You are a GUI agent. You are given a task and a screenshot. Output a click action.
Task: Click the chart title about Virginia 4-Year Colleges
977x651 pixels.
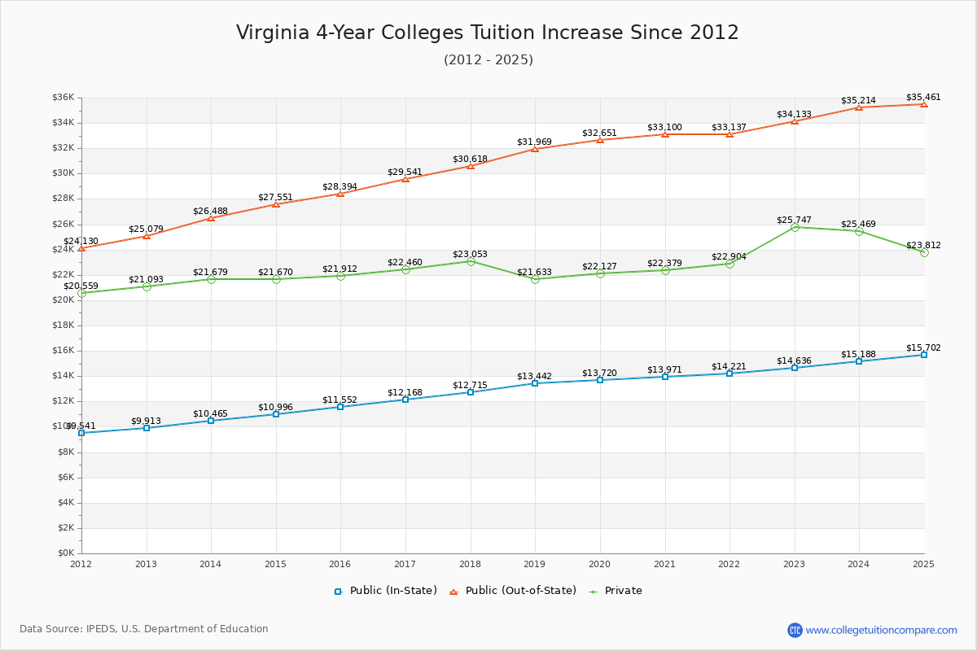(x=488, y=33)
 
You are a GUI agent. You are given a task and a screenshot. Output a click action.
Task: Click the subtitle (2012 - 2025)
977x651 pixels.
(x=488, y=59)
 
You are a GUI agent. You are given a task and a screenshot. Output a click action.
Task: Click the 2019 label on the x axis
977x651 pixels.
(x=535, y=563)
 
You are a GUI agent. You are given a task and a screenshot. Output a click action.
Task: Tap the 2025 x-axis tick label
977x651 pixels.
(x=923, y=563)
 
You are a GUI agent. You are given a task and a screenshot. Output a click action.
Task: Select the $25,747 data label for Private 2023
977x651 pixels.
(x=794, y=220)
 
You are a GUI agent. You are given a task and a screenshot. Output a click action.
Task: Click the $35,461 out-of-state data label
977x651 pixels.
(x=923, y=97)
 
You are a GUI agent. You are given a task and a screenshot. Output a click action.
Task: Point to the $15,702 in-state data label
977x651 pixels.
(x=923, y=347)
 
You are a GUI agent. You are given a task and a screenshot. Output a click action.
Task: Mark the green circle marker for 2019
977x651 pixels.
(x=535, y=279)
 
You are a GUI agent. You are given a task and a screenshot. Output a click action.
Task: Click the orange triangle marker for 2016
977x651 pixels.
(x=340, y=194)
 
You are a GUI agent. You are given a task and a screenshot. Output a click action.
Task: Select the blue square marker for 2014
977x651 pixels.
(x=211, y=421)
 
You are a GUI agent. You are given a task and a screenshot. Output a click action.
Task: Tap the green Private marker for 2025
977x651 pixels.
(x=924, y=252)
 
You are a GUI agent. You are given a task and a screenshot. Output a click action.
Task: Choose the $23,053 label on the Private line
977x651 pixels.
(x=470, y=254)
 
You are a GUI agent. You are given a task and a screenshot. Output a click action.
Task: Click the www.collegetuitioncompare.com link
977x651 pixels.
(x=881, y=630)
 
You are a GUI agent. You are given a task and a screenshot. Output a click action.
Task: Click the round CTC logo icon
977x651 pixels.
(x=795, y=630)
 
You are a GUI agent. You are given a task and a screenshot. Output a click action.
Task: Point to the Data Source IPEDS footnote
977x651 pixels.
(x=144, y=629)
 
